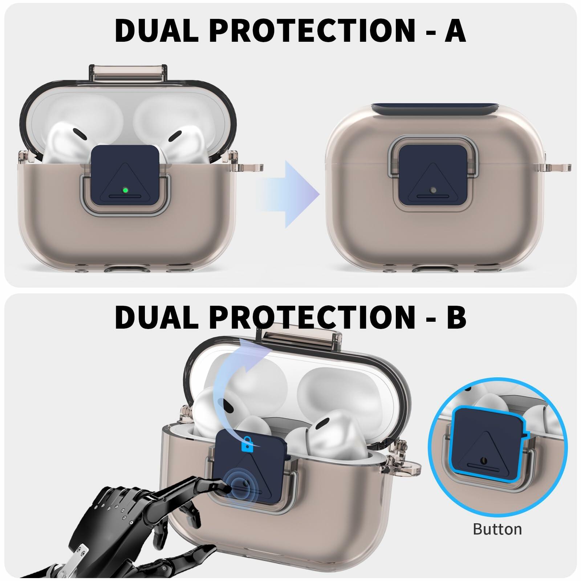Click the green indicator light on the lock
point(125,190)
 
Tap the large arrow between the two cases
point(287,194)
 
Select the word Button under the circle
point(497,529)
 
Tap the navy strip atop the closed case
point(400,109)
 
